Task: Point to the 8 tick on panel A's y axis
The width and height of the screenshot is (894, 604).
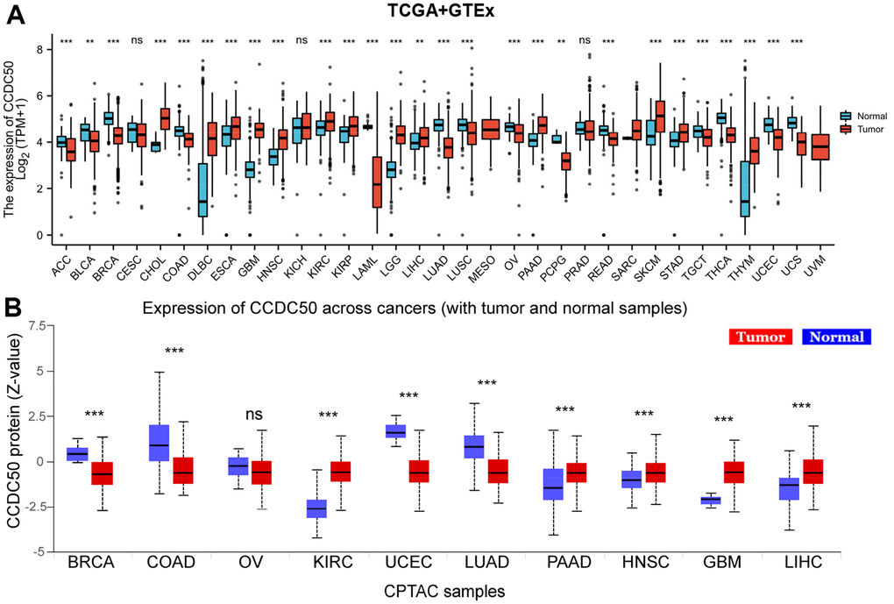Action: (x=39, y=50)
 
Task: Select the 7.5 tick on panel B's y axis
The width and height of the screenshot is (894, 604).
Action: (x=35, y=325)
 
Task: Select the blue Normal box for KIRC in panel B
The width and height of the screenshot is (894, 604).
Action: (x=316, y=508)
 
